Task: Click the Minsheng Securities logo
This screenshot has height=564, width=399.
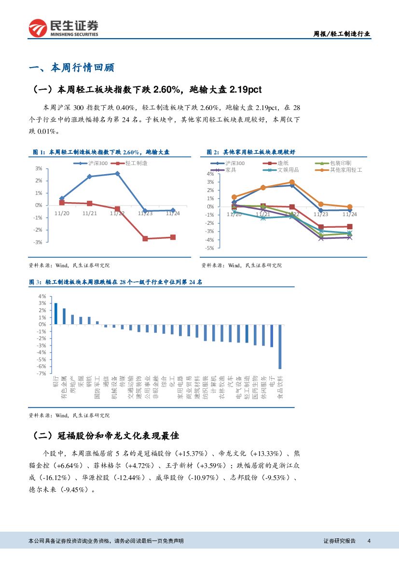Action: tap(63, 28)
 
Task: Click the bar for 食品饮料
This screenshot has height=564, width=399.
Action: tap(280, 346)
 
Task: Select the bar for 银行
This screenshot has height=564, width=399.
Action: tap(56, 314)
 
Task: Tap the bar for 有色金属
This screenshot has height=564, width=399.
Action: tap(64, 316)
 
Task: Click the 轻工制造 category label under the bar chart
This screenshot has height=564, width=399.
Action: tap(247, 388)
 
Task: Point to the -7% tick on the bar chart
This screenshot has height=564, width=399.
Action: tap(42, 373)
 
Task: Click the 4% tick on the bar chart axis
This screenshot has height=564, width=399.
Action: tap(42, 296)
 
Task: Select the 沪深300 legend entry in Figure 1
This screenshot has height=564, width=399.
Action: tap(94, 163)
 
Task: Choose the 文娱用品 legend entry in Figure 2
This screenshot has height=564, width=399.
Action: tap(285, 170)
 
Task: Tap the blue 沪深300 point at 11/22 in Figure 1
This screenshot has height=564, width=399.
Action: tap(117, 174)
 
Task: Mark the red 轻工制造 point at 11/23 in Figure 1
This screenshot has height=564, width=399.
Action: tap(145, 238)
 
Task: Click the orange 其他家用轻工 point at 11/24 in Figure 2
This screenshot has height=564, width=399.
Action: tap(350, 206)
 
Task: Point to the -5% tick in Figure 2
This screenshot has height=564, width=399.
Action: tap(210, 248)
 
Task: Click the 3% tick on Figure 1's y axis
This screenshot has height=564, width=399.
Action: tap(39, 168)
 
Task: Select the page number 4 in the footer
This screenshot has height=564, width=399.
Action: tap(369, 541)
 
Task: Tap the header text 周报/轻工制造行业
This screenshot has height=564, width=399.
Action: tap(342, 34)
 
